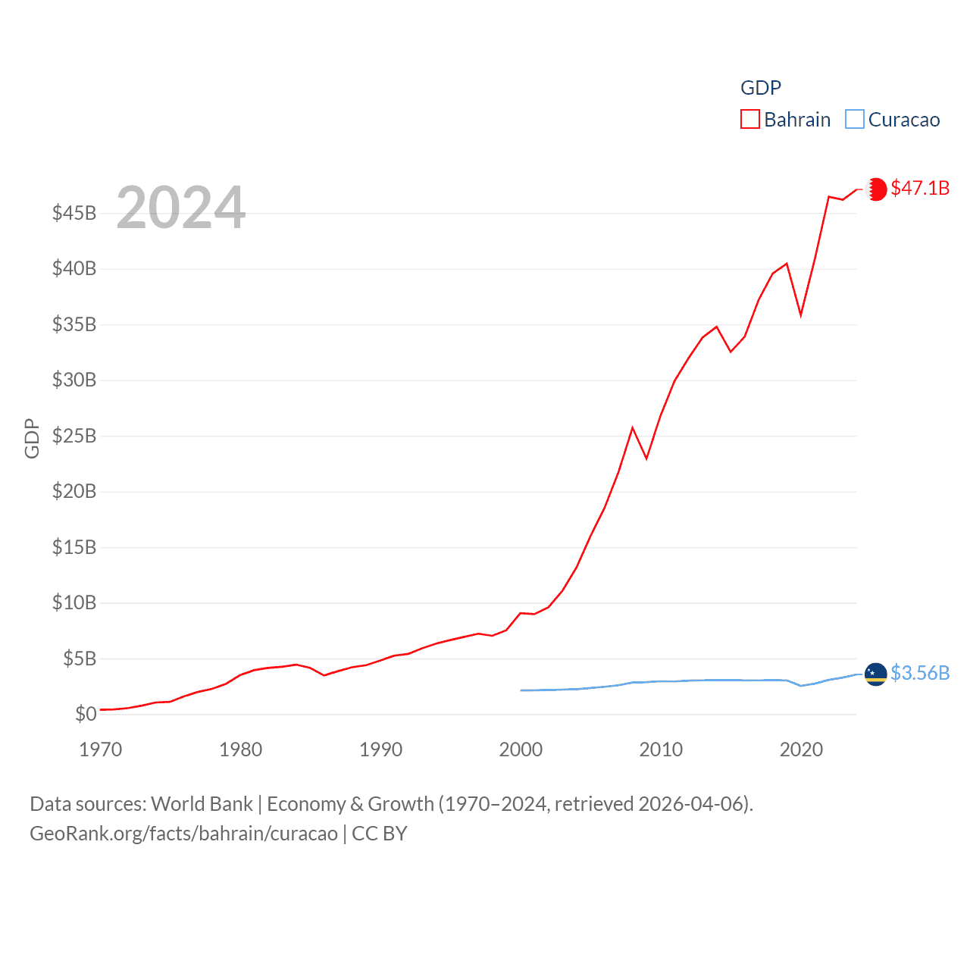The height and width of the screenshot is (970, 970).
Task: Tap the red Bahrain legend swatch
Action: point(750,120)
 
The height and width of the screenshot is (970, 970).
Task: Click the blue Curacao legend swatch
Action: point(855,120)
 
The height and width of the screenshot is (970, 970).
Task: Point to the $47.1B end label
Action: point(920,188)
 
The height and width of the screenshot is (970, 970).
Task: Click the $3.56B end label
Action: point(920,673)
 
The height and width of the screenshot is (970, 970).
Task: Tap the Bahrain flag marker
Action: point(876,189)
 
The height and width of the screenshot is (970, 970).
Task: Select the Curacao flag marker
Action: point(876,674)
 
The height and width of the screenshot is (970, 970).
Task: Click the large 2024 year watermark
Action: point(180,208)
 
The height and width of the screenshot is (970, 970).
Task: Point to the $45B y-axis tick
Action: point(74,213)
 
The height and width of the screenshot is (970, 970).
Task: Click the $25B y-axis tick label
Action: point(74,436)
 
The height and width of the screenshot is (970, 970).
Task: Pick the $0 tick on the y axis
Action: point(86,714)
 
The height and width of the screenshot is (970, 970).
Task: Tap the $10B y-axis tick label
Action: point(74,602)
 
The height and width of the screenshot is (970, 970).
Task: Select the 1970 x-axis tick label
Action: point(101,749)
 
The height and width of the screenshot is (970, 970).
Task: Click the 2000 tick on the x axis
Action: point(521,749)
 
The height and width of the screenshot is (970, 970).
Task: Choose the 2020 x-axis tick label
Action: point(801,749)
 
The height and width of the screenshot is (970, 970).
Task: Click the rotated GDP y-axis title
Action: point(32,438)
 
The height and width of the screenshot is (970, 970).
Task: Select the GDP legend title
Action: point(760,88)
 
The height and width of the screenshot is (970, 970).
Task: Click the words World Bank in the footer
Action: point(202,803)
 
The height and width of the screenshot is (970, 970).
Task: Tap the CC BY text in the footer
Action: point(380,834)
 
